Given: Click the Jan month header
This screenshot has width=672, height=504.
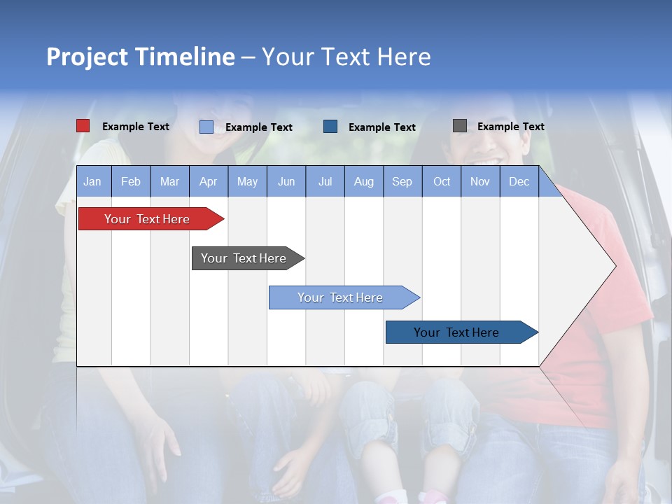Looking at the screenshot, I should [92, 181].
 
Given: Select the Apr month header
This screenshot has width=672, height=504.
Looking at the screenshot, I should [208, 181].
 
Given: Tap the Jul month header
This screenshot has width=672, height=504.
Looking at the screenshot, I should [325, 181].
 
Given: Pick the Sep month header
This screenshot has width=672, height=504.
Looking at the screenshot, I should [402, 181].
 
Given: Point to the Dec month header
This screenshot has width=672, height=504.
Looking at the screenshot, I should [519, 181].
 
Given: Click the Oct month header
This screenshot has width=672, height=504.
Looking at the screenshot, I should [442, 181].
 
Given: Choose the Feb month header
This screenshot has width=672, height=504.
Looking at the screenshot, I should [131, 181].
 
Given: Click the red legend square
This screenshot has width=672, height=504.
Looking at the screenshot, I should [83, 126].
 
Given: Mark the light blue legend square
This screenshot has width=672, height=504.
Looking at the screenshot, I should [206, 127].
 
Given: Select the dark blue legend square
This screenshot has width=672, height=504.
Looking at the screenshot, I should [330, 126].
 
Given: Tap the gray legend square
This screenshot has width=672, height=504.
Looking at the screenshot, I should [460, 126].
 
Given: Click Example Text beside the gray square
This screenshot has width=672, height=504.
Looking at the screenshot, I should [510, 127].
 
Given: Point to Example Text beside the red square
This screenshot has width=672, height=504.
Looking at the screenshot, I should [136, 127].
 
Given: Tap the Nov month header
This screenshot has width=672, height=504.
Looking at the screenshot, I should [480, 181].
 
